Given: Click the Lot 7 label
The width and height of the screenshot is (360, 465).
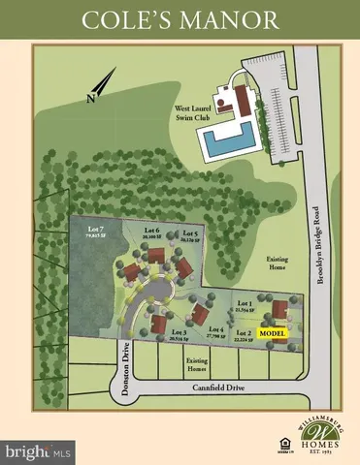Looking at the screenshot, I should [x=92, y=228].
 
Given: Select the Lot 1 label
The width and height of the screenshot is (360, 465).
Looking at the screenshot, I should [x=245, y=305].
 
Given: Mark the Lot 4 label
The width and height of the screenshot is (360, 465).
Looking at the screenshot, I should [x=216, y=330].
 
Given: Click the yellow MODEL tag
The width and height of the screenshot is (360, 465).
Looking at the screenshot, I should [x=274, y=333].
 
